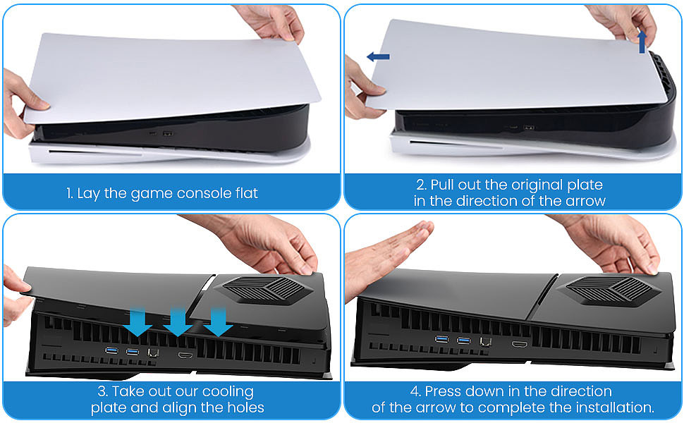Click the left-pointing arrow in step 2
(x=378, y=56)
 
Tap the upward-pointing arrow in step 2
(x=642, y=42)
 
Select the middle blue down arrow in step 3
(x=178, y=321)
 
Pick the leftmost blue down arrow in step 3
(x=138, y=321)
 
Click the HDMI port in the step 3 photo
(x=185, y=355)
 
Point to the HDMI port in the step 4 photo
(x=520, y=345)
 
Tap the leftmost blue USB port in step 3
(x=111, y=350)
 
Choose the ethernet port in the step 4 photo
(x=485, y=342)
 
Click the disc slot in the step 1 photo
(x=95, y=152)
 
